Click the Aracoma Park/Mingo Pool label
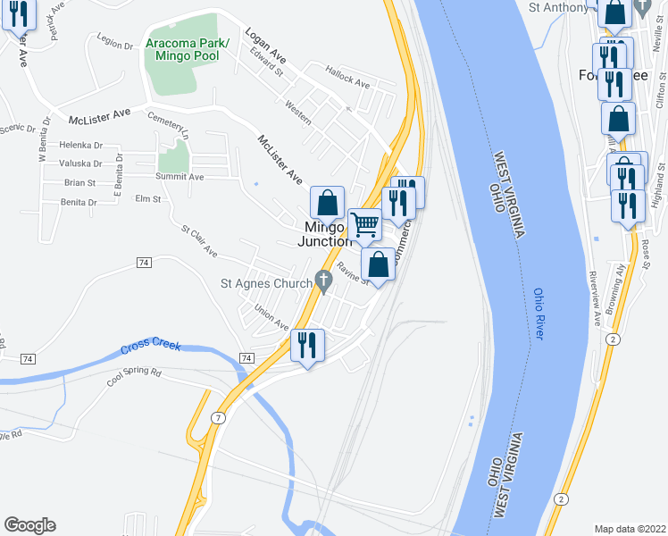188,50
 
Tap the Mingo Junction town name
325,234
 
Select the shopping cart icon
364,224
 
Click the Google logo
29,525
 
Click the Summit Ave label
180,177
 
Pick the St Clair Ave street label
199,240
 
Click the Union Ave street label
271,317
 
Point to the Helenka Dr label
80,145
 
